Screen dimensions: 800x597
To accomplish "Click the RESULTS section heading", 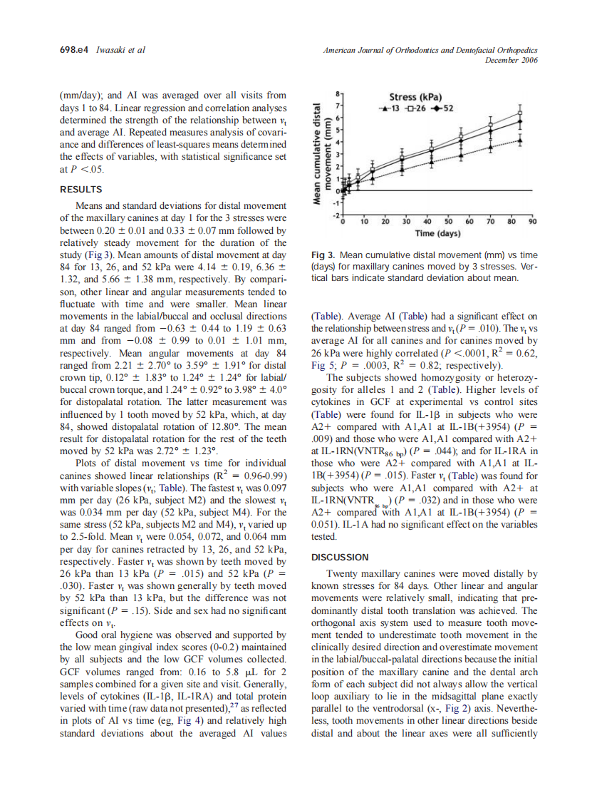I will click(x=81, y=190).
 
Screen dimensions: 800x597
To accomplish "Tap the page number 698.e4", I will click(x=72, y=50).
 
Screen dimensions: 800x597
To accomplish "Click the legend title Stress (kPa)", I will click(x=415, y=97).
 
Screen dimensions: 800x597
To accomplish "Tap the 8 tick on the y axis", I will click(x=338, y=93).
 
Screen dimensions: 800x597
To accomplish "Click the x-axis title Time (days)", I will click(x=437, y=234).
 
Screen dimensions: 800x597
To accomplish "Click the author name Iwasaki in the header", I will click(x=112, y=50).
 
